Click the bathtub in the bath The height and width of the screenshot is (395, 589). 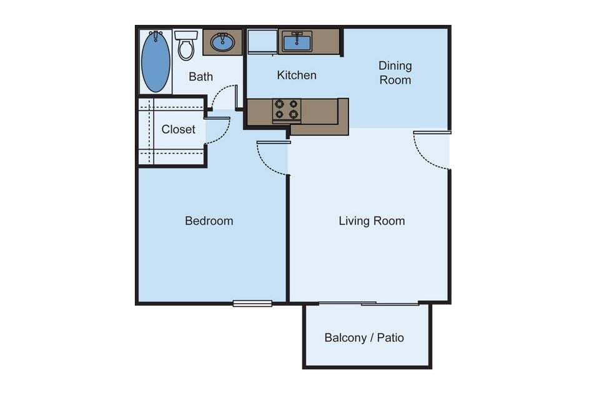[156, 61]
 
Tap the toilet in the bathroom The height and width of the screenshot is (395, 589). [186, 46]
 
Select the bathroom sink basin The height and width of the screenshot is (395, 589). [222, 42]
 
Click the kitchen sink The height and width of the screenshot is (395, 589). [299, 42]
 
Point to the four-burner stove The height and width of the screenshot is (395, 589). [287, 110]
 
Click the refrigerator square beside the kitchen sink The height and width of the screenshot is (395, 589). [260, 42]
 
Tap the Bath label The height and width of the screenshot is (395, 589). [200, 77]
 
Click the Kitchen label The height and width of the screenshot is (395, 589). [297, 76]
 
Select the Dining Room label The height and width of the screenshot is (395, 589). [395, 72]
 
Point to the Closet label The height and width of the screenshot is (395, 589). [178, 130]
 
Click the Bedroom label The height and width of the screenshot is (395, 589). [209, 221]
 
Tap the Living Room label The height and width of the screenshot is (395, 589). [372, 221]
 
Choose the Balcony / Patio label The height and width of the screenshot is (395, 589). [364, 338]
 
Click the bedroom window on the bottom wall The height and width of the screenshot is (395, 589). [252, 304]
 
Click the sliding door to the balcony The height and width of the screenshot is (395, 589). [369, 304]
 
